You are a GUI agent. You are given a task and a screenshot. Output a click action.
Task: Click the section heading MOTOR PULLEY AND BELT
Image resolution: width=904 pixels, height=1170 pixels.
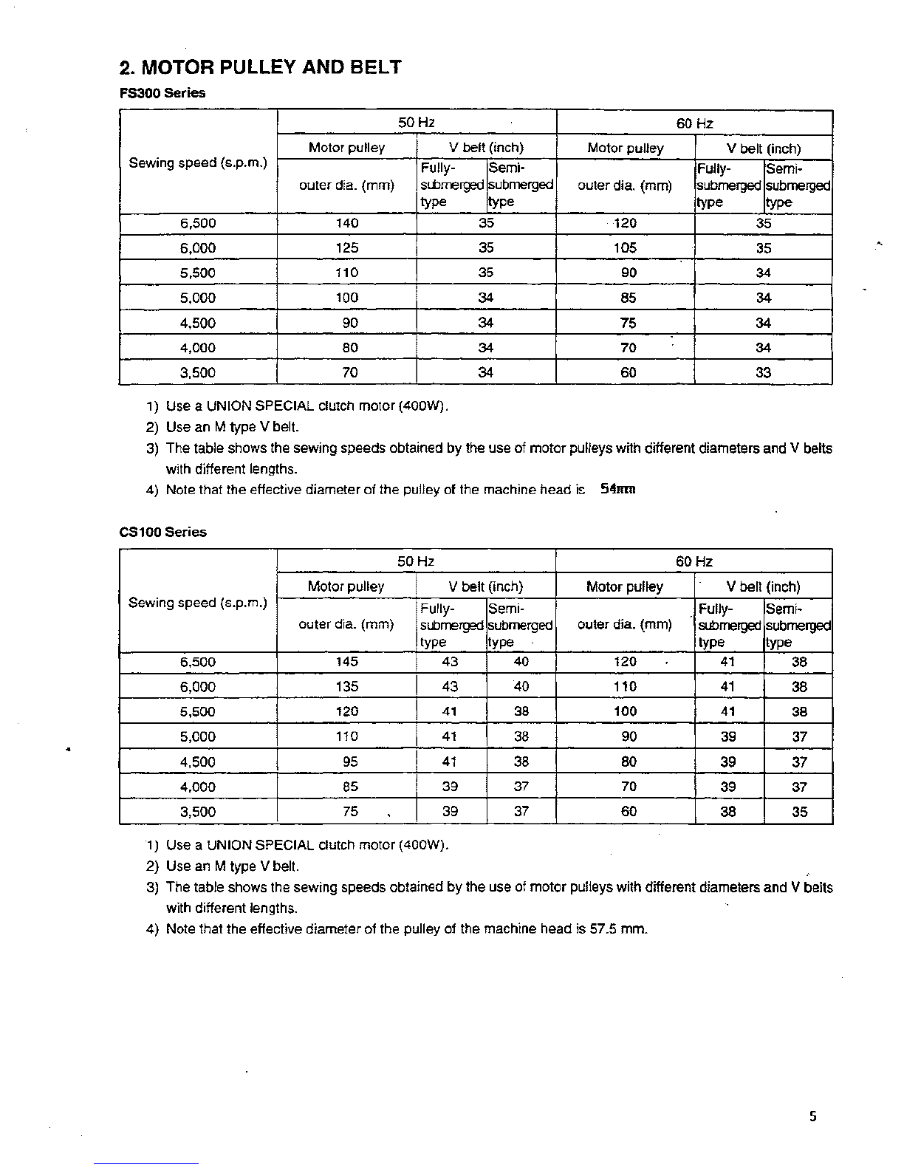260,68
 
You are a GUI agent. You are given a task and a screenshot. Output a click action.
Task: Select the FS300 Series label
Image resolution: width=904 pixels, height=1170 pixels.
162,93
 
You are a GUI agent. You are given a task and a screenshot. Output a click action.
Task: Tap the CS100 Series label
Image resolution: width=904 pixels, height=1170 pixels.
163,532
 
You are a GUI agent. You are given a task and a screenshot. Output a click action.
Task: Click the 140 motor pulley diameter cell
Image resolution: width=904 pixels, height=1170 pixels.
346,224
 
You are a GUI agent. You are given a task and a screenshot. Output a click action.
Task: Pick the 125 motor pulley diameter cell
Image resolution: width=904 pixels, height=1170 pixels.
346,248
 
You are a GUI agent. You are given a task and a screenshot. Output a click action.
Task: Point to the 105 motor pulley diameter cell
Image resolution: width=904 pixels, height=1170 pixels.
625,248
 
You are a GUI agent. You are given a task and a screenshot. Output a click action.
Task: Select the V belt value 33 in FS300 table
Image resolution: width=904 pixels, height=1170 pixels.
763,373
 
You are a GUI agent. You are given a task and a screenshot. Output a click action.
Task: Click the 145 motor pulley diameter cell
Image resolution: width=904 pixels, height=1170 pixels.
346,662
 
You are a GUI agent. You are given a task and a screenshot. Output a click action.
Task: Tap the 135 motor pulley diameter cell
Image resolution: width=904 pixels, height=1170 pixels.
346,687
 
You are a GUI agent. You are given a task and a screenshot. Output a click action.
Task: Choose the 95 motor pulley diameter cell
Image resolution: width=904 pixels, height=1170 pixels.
346,762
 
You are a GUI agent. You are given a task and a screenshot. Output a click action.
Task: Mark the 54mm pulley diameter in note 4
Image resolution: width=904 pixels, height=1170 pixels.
618,489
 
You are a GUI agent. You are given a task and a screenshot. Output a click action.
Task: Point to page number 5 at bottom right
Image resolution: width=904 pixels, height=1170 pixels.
812,1117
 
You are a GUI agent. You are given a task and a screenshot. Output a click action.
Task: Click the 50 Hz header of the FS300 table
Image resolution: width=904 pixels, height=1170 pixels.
416,123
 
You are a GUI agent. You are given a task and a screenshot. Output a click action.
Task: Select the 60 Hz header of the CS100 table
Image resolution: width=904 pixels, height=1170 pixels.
694,561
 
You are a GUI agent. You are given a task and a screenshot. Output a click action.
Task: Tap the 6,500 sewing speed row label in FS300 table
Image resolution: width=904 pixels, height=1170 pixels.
198,224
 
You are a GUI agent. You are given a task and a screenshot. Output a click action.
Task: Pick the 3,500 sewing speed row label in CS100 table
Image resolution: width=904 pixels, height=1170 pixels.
198,812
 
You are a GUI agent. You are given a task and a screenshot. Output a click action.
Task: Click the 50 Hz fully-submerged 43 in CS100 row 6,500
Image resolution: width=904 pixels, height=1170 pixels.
450,662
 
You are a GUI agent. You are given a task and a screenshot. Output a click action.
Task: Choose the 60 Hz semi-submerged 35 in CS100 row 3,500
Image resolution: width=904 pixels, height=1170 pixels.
799,812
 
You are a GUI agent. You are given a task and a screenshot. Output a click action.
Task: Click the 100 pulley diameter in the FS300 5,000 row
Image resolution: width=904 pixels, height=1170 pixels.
346,298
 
